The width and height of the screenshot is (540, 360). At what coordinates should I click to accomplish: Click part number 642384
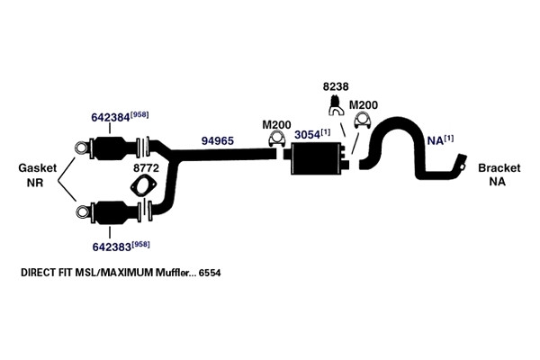[x=110, y=117]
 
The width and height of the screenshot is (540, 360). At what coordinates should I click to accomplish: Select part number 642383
[x=112, y=247]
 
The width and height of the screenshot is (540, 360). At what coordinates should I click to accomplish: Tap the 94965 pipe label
[x=217, y=140]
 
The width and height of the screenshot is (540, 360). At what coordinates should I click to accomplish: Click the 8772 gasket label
[x=146, y=168]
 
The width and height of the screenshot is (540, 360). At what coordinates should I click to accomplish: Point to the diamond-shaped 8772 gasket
[x=144, y=186]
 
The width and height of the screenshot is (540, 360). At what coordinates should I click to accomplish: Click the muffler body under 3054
[x=316, y=158]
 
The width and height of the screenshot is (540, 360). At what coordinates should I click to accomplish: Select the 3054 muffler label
[x=307, y=135]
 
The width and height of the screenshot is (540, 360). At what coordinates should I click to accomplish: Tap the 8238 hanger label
[x=336, y=86]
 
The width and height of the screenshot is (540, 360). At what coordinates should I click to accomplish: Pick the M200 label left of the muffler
[x=276, y=125]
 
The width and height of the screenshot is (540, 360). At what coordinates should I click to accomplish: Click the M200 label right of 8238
[x=364, y=105]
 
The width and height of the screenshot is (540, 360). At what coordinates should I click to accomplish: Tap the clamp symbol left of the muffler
[x=276, y=139]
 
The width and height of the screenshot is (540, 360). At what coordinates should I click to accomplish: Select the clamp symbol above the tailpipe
[x=363, y=121]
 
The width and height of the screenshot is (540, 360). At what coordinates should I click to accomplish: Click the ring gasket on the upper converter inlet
[x=82, y=148]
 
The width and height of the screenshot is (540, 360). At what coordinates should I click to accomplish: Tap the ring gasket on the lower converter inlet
[x=83, y=211]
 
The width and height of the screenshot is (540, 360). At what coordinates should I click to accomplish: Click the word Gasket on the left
[x=37, y=168]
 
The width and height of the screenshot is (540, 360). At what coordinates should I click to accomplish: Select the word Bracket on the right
[x=499, y=168]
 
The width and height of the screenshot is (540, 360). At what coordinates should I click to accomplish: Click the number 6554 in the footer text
[x=210, y=273]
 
